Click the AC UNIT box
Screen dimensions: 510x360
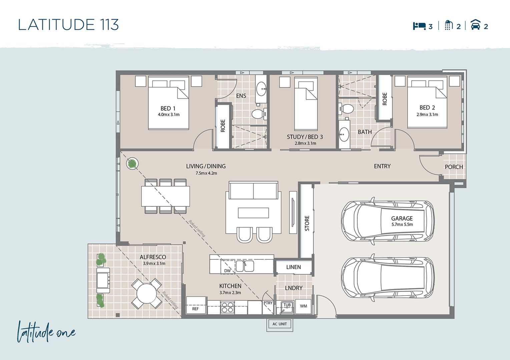click(x=280, y=324)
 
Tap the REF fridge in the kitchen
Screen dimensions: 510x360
click(x=196, y=305)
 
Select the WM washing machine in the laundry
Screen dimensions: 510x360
click(x=303, y=306)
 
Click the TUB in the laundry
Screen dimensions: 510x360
click(x=285, y=307)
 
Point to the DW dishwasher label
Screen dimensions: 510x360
click(x=227, y=271)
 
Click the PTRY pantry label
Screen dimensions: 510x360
click(x=268, y=303)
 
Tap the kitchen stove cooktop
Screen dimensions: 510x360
click(x=227, y=307)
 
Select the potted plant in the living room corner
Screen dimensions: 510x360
click(x=132, y=163)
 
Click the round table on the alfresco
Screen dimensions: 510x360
click(x=147, y=293)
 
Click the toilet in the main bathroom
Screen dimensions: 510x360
click(x=346, y=109)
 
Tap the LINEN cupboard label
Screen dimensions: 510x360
click(x=294, y=267)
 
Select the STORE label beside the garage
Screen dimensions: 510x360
click(x=307, y=223)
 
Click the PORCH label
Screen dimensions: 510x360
click(x=454, y=167)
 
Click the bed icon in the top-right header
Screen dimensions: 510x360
click(x=419, y=26)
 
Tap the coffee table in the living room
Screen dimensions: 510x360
click(x=253, y=213)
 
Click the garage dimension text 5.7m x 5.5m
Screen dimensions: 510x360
click(x=402, y=224)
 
